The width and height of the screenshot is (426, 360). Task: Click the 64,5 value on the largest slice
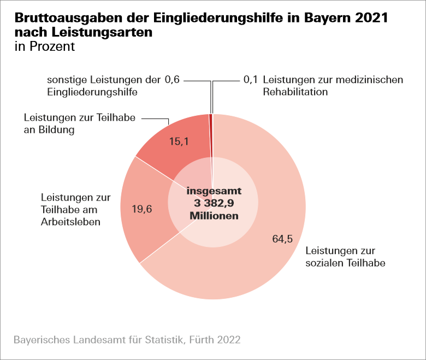pos(282,238)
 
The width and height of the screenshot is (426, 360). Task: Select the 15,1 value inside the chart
pos(179,142)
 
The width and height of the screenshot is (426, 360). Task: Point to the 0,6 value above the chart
pos(171,80)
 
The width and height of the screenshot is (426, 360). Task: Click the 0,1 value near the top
pos(251,80)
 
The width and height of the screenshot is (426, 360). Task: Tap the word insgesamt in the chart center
pos(214,192)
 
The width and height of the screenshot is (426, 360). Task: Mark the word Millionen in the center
pos(214,216)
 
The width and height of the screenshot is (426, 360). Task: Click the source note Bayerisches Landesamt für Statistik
pos(127,339)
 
